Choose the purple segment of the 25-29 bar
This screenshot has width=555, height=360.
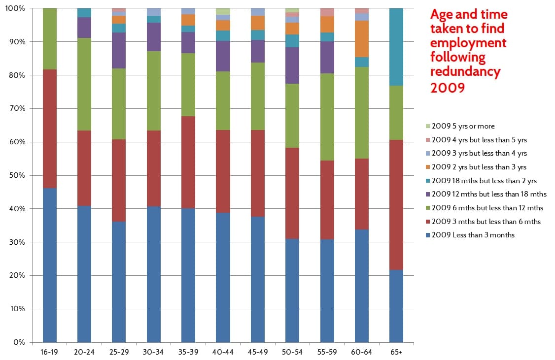(x=119, y=50)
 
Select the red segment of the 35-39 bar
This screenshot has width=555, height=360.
(x=188, y=162)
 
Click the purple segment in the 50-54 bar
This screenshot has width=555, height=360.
(x=292, y=65)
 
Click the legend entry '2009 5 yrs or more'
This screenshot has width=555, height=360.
(x=463, y=126)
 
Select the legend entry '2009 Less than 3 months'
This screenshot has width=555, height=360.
(x=473, y=235)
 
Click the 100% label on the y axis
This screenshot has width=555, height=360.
(x=15, y=9)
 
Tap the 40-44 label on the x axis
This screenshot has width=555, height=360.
(x=223, y=353)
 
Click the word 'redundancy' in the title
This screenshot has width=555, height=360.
(x=465, y=72)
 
